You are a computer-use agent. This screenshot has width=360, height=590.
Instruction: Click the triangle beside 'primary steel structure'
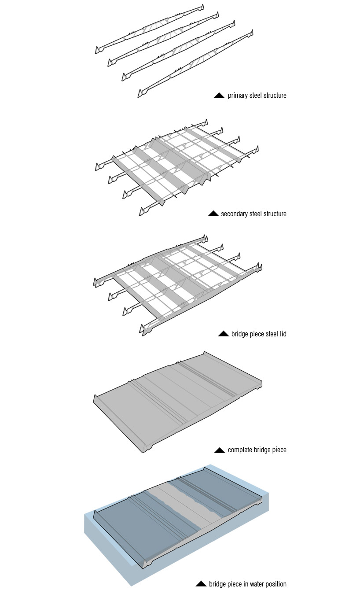[x=219, y=96]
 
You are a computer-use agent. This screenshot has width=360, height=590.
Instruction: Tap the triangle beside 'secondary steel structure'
[x=213, y=214]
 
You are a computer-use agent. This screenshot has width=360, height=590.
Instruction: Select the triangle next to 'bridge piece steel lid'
[x=224, y=334]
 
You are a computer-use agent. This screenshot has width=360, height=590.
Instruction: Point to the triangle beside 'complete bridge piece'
[x=219, y=450]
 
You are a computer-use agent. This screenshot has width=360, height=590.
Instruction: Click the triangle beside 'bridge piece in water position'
[x=201, y=584]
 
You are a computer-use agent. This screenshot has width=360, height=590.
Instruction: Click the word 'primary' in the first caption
[x=238, y=96]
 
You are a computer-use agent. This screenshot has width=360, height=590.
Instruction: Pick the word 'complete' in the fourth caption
[x=240, y=450]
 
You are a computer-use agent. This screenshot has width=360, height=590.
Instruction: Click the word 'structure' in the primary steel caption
[x=274, y=96]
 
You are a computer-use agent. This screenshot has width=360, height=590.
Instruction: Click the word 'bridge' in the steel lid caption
[x=240, y=334]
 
